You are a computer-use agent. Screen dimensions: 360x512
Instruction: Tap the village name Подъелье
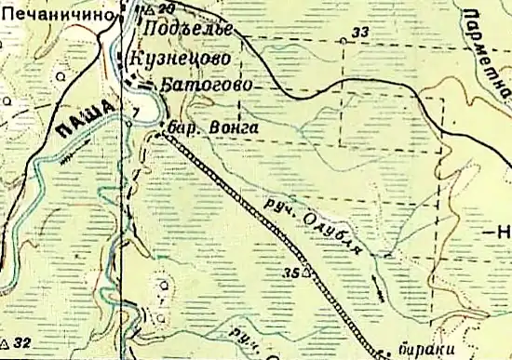click(x=189, y=30)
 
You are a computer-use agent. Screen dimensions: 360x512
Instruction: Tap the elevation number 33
click(x=360, y=33)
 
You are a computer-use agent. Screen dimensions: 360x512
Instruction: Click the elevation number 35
click(x=290, y=273)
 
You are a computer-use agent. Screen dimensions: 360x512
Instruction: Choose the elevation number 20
click(x=167, y=8)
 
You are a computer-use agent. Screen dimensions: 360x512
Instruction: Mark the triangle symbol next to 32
click(x=7, y=342)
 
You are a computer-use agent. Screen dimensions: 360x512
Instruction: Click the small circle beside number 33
click(x=344, y=41)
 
